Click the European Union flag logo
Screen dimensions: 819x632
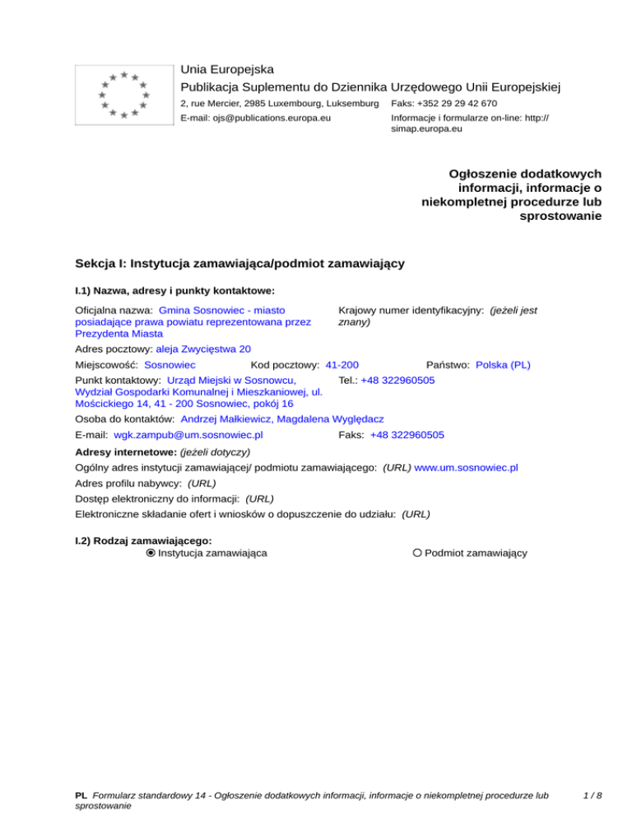coord(123,95)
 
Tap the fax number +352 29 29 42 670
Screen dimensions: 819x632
coord(444,103)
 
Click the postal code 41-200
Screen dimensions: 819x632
coord(342,364)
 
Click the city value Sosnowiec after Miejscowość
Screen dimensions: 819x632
coord(170,364)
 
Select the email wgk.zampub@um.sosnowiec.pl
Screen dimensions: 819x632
coord(188,435)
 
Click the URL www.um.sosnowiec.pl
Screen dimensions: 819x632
coord(466,467)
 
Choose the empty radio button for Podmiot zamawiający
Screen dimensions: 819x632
coord(418,553)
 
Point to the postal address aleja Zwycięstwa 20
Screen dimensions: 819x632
coord(203,349)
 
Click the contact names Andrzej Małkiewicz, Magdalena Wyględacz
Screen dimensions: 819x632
coord(281,419)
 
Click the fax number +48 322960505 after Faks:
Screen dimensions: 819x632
coord(407,435)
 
